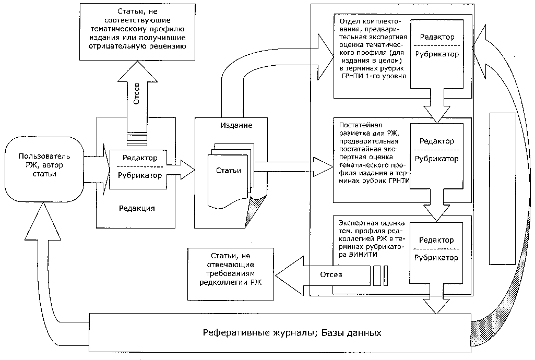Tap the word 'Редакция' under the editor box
pos(136,208)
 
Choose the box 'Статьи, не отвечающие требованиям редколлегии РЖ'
pos(230,274)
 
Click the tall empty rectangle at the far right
pos(501,189)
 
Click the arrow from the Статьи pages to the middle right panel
pos(292,166)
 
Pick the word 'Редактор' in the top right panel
pos(436,38)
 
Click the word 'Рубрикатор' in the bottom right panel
pos(436,258)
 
